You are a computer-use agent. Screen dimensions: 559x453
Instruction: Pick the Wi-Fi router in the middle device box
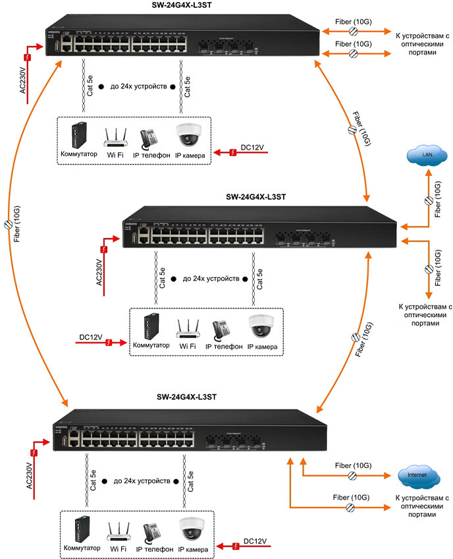(188, 328)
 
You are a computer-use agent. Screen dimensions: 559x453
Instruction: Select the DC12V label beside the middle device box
(91, 338)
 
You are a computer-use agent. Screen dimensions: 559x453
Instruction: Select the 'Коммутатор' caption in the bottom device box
(81, 548)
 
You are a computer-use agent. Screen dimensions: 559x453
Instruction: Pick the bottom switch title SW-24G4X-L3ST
(187, 397)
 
